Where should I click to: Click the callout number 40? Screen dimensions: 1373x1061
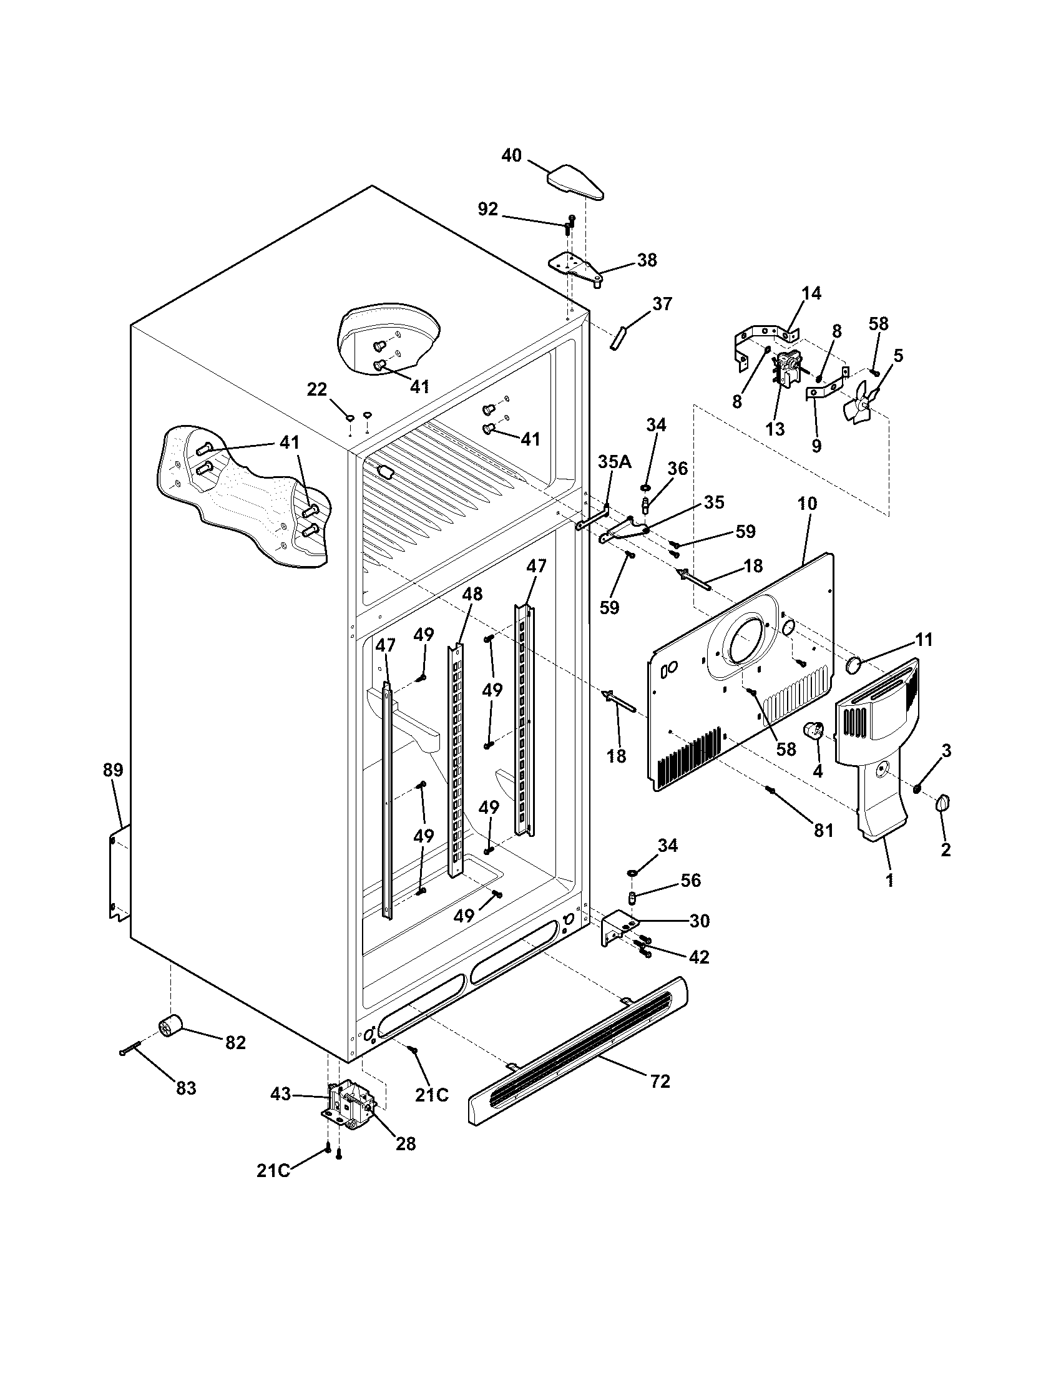pyautogui.click(x=512, y=155)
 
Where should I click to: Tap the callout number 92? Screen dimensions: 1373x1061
pyautogui.click(x=488, y=210)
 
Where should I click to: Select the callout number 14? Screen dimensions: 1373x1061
pyautogui.click(x=811, y=293)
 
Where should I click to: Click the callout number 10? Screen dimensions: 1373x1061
pyautogui.click(x=808, y=504)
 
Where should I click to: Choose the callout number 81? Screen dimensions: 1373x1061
pyautogui.click(x=823, y=831)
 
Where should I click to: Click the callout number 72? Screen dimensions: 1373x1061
pyautogui.click(x=660, y=1082)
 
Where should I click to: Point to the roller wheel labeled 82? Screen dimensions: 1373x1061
pyautogui.click(x=169, y=1029)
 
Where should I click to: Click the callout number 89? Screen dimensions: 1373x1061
pyautogui.click(x=113, y=770)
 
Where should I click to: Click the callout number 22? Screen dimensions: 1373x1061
pyautogui.click(x=317, y=390)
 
